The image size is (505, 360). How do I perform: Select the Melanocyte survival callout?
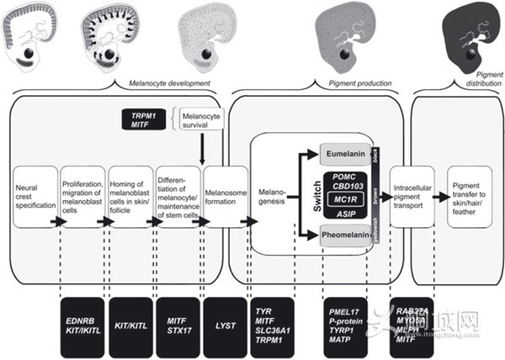click(199, 119)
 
